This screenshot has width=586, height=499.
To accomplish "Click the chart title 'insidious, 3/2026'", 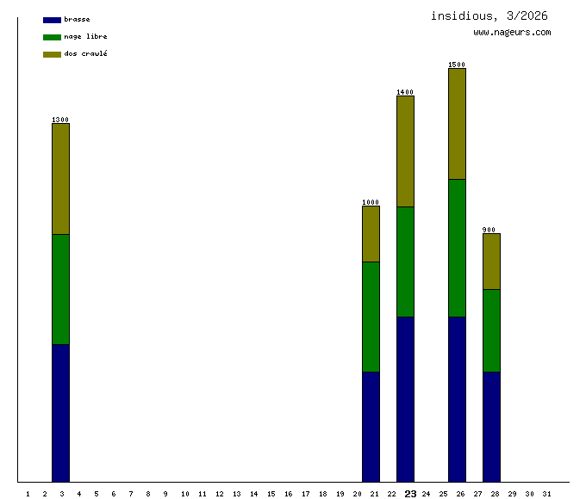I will [x=489, y=15].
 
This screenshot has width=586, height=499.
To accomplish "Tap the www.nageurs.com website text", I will [x=512, y=33].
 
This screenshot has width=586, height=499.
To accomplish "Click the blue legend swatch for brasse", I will [x=52, y=20].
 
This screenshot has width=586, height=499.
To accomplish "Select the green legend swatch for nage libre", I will [x=52, y=37].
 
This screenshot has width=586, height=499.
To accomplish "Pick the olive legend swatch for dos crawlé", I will [x=52, y=54].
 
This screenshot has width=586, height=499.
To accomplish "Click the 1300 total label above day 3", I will [x=60, y=120].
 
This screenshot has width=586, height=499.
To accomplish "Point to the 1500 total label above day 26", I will [x=457, y=65].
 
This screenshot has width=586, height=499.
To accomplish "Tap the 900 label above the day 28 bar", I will [x=489, y=230].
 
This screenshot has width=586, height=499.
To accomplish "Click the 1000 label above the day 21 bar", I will [x=371, y=202].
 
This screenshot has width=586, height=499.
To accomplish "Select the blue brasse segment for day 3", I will [x=60, y=413].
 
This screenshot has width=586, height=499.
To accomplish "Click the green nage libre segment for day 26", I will [x=457, y=248].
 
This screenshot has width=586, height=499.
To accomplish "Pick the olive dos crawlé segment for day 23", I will [x=405, y=151].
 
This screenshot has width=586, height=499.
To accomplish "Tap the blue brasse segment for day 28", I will [x=491, y=427].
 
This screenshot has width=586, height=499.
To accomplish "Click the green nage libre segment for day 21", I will [x=371, y=317].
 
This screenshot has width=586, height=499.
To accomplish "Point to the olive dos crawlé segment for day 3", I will [x=60, y=178].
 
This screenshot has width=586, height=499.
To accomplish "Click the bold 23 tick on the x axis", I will [x=410, y=494].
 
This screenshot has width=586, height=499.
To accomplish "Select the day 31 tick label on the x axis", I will [x=546, y=494].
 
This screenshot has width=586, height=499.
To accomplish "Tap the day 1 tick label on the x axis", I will [x=28, y=494].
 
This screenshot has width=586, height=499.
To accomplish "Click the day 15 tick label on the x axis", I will [x=271, y=494].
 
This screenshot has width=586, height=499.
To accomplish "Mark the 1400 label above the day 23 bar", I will [x=405, y=92].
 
